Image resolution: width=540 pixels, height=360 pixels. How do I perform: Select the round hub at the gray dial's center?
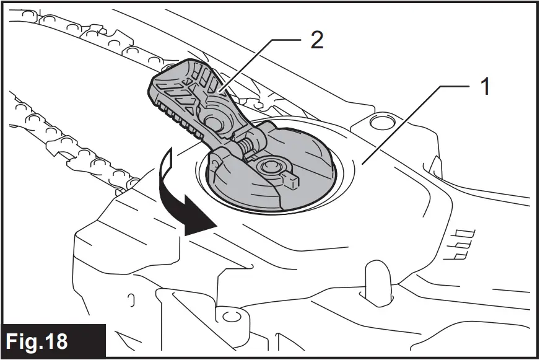[271, 166]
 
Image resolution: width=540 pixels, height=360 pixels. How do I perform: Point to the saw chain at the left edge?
[37, 124]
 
